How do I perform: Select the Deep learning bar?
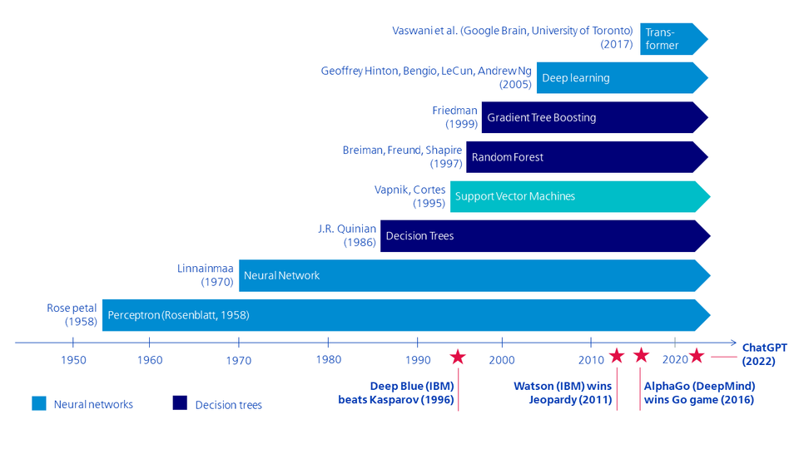(x=620, y=77)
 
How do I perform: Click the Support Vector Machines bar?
(x=578, y=196)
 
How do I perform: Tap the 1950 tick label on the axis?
(x=73, y=359)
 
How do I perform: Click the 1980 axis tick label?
(x=329, y=359)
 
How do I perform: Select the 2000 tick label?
(x=502, y=359)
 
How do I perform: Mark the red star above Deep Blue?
(x=458, y=357)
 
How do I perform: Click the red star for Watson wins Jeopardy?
(x=616, y=356)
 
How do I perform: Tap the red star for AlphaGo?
(x=641, y=355)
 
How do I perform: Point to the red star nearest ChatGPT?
(x=697, y=356)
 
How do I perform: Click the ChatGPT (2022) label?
(x=764, y=354)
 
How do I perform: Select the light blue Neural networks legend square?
(x=39, y=403)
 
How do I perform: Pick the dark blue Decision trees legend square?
(x=180, y=403)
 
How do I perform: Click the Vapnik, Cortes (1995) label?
(x=409, y=196)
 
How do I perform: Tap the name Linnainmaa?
(x=205, y=268)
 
